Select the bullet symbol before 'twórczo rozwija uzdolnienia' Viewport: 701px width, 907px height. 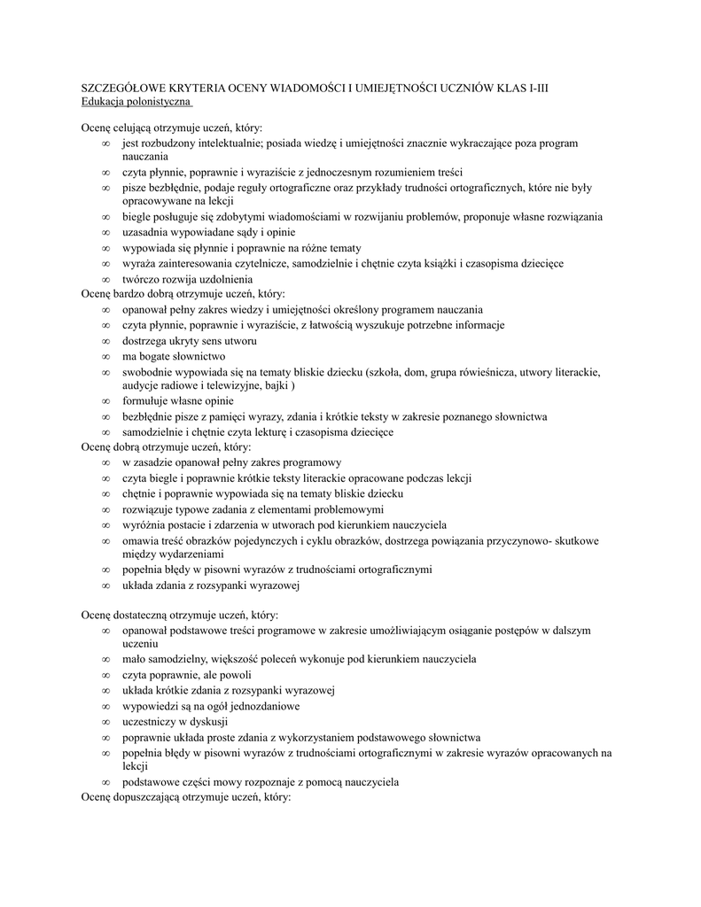[105, 279]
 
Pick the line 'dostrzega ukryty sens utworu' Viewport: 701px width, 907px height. [190, 340]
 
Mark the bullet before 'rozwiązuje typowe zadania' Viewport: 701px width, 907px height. [105, 509]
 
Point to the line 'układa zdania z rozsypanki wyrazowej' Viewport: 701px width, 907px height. [213, 585]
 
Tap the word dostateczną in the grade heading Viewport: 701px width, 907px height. [145, 614]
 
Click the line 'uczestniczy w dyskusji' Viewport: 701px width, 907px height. [175, 721]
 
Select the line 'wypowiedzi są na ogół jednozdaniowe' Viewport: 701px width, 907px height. [211, 706]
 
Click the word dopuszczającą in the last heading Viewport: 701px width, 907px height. [151, 797]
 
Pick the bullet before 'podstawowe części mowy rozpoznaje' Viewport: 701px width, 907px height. [105, 783]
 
